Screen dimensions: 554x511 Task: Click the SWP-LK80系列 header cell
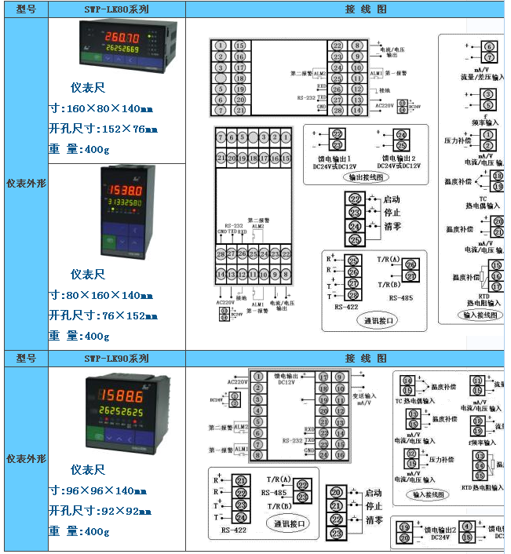(x=116, y=9)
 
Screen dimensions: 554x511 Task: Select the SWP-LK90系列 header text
(x=116, y=358)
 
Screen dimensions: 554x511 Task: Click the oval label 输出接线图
(x=366, y=177)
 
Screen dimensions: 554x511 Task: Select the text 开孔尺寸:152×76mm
(x=103, y=128)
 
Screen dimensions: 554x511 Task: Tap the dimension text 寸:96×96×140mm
(x=99, y=490)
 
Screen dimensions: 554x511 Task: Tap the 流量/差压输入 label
(x=482, y=78)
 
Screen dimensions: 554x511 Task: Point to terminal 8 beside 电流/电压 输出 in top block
(x=358, y=46)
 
